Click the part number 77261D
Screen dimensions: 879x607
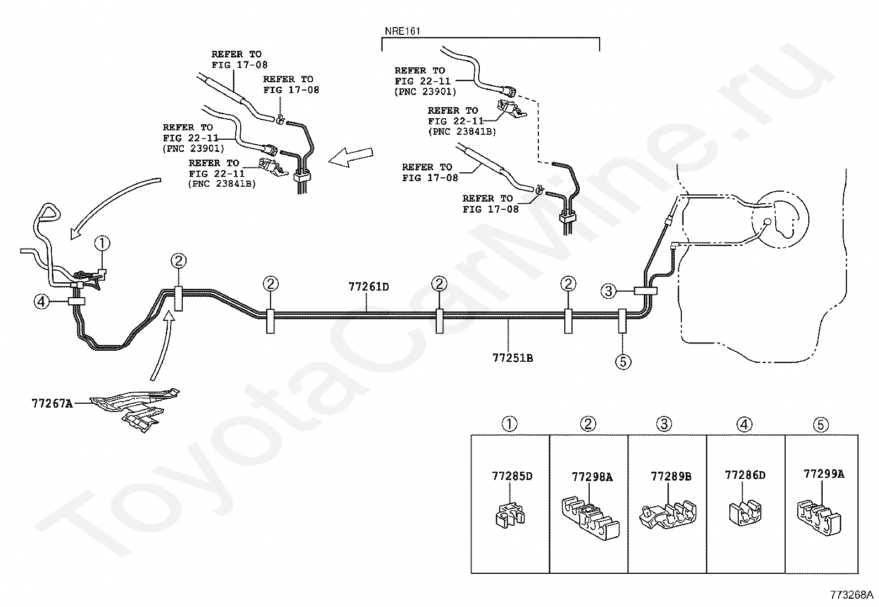coord(368,287)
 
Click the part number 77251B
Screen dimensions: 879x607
coord(512,358)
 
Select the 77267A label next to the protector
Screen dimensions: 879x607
coord(52,404)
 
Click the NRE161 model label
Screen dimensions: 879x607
coord(402,31)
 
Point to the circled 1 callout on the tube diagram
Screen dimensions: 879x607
coord(102,244)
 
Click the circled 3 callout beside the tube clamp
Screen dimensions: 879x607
coord(608,291)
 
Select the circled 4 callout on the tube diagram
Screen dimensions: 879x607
coord(41,302)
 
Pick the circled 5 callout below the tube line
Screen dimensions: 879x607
coord(623,362)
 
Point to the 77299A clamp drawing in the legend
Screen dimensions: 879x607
coord(819,517)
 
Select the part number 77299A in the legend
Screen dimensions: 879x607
coord(824,474)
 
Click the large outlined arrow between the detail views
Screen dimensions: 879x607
coord(351,157)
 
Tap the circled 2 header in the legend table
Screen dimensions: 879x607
coord(588,424)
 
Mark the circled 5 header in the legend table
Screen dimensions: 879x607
coord(821,425)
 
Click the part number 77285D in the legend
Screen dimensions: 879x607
coord(512,476)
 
